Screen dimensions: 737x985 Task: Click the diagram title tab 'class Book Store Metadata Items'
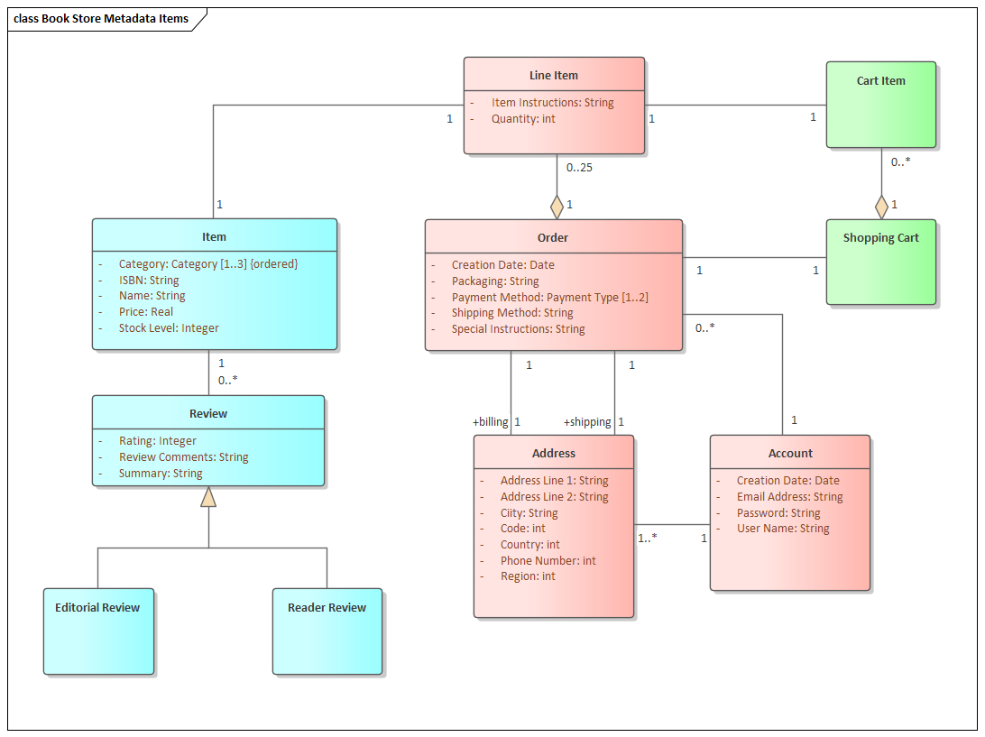[x=101, y=19]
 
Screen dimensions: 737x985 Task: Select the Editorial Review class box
[x=98, y=631]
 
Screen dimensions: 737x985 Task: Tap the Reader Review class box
[x=327, y=631]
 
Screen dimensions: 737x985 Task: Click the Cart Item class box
[x=880, y=105]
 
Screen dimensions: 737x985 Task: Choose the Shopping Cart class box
[x=880, y=262]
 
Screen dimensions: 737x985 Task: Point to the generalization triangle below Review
[x=208, y=497]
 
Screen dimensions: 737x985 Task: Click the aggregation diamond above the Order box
[x=557, y=206]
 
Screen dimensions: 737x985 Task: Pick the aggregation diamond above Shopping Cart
[x=881, y=206]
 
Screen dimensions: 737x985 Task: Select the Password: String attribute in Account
[x=778, y=512]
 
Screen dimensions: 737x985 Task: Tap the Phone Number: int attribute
[x=548, y=560]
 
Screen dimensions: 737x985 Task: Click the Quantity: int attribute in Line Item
[x=523, y=118]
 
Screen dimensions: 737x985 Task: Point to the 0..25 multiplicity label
[x=579, y=167]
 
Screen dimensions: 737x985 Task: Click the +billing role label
[x=491, y=421]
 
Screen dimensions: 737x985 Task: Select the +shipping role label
[x=587, y=421]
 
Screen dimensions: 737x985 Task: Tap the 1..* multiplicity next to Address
[x=647, y=538]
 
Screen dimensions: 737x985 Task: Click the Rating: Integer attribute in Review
[x=157, y=441]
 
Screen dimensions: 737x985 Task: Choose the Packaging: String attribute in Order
[x=494, y=281]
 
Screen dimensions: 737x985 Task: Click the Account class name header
[x=790, y=453]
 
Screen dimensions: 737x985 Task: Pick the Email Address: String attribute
[x=789, y=496]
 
